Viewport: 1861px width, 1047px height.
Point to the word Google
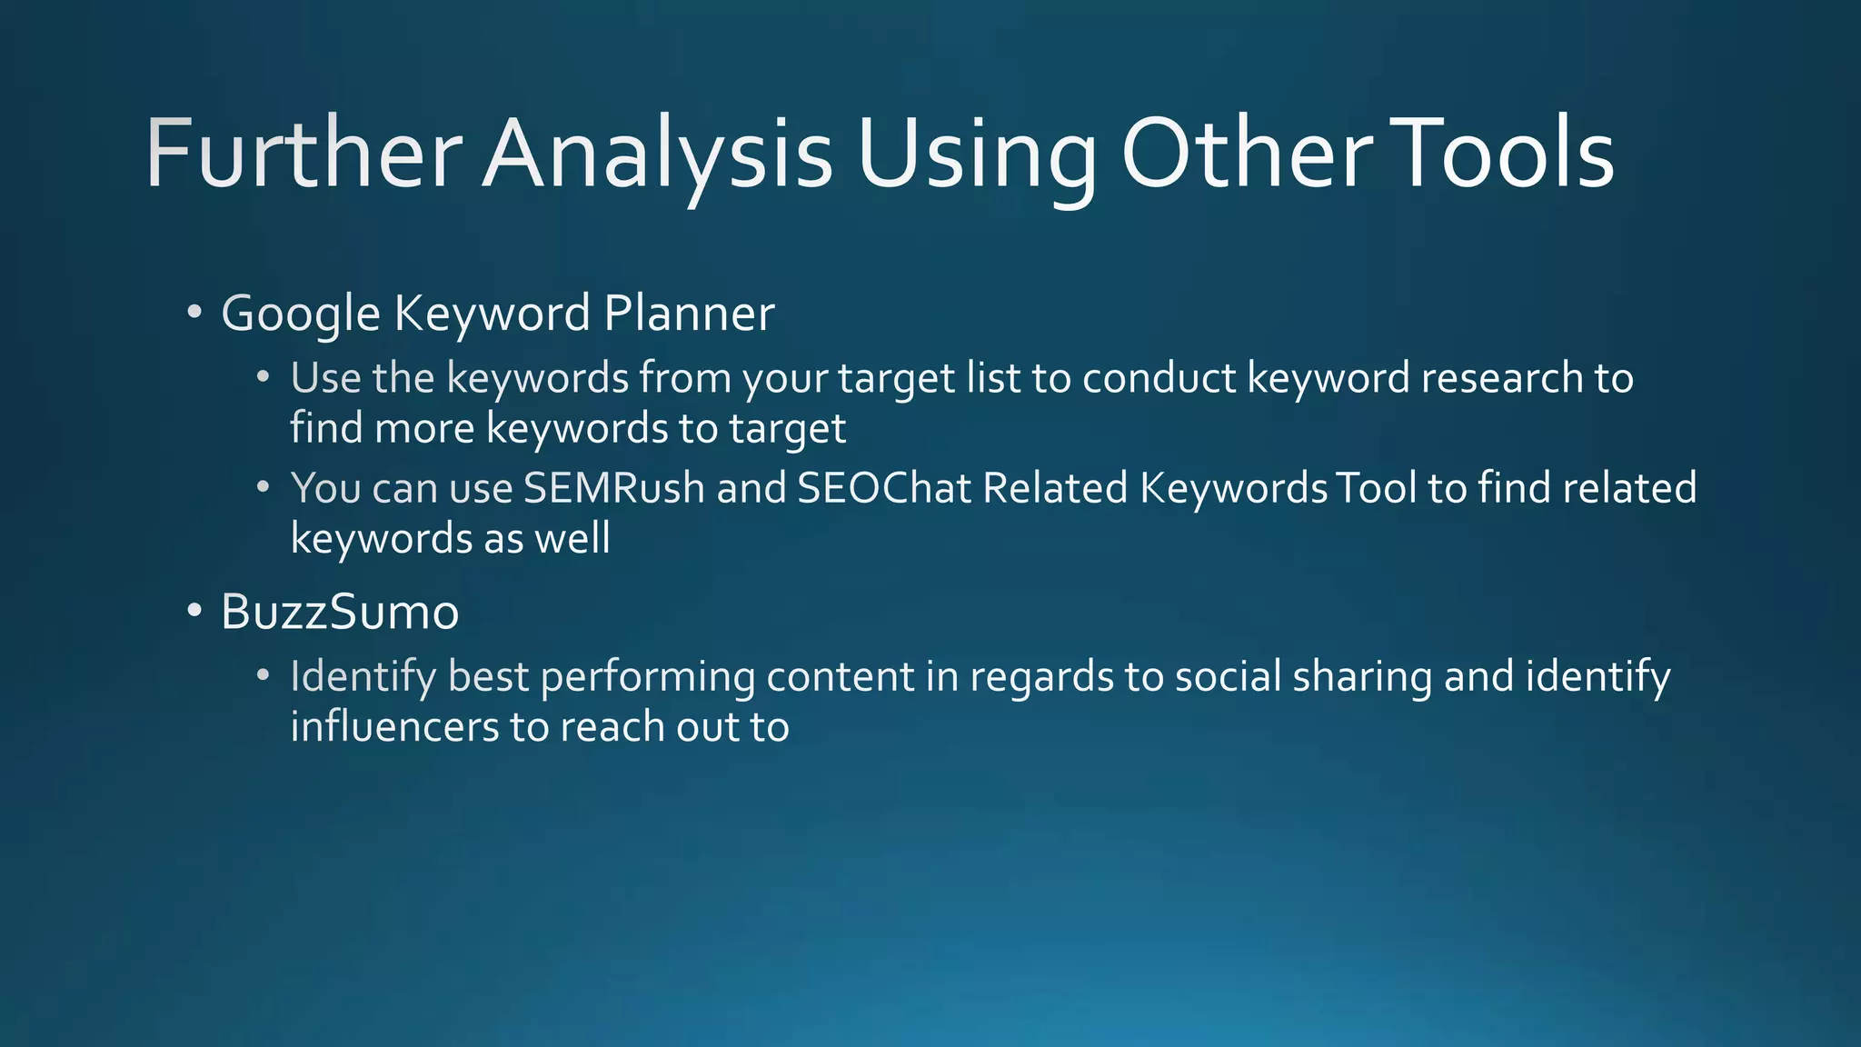(x=300, y=314)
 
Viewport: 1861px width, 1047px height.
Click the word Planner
(x=689, y=314)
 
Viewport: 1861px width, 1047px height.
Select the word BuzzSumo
(x=340, y=612)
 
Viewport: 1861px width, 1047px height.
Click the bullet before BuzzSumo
(x=194, y=611)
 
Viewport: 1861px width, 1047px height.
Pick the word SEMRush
(x=614, y=488)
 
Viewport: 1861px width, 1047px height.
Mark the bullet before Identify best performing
(x=263, y=675)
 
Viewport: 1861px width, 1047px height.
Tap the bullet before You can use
(x=263, y=487)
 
